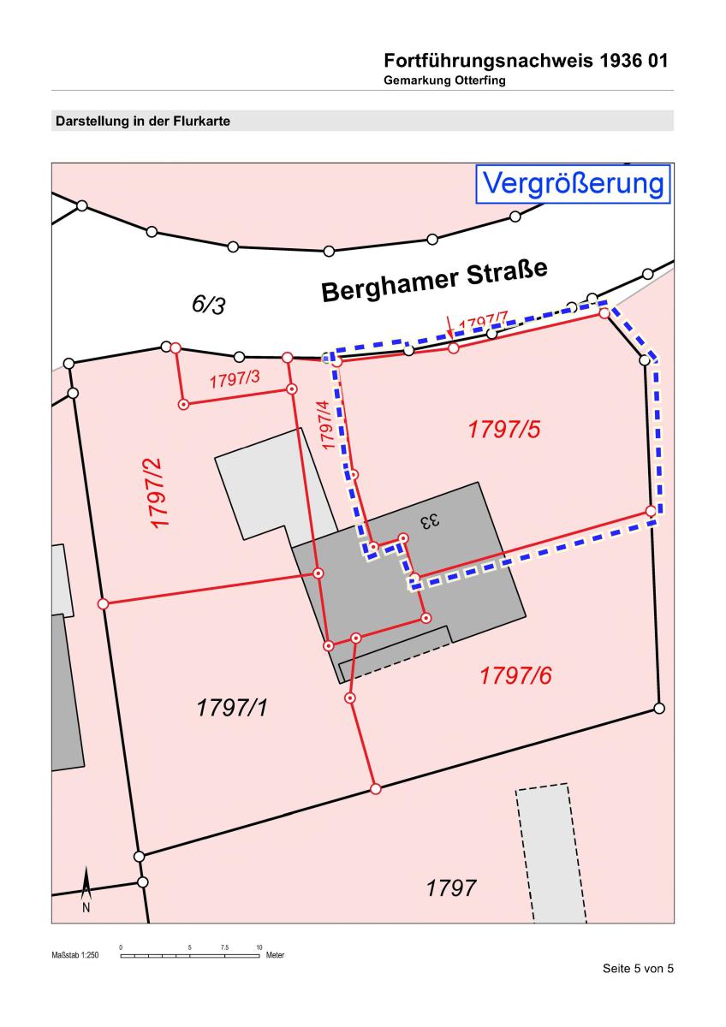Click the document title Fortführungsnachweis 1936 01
(527, 62)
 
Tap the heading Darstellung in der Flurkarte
(143, 121)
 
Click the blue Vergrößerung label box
(573, 183)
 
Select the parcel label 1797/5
(503, 430)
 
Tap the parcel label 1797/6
(515, 675)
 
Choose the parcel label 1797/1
(232, 707)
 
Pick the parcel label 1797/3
(235, 381)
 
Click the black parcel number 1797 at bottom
(451, 887)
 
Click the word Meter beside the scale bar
(275, 955)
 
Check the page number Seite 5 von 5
(638, 969)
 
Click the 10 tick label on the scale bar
(259, 947)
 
